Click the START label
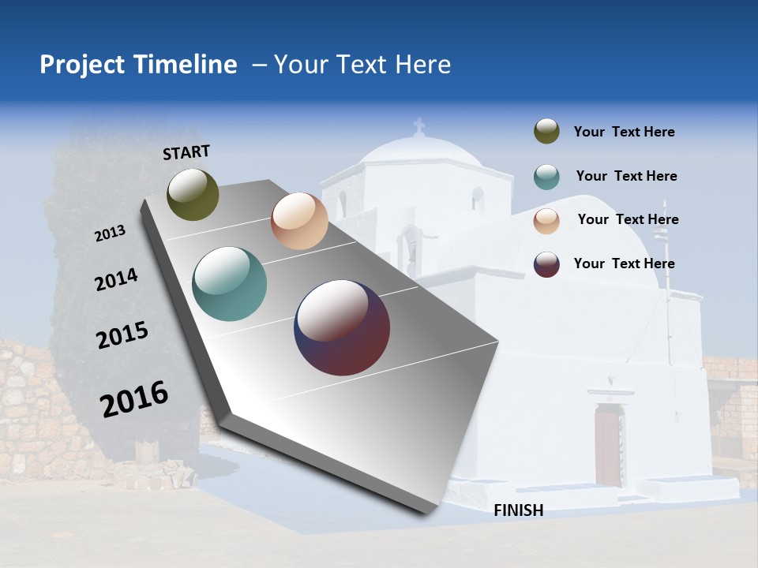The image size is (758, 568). [186, 152]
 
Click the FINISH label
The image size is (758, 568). [519, 510]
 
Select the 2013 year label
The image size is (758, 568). [110, 234]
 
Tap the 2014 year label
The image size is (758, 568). [116, 279]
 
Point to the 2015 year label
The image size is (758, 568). [122, 335]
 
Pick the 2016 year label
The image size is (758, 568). [134, 399]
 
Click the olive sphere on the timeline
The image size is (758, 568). [193, 194]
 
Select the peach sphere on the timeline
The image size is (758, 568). [299, 221]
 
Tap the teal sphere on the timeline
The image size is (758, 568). [230, 284]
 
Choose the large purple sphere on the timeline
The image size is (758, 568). [342, 327]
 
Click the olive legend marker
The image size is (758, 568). [546, 132]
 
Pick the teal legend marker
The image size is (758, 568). [546, 177]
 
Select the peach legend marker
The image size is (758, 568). [546, 221]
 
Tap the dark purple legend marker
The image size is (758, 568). [546, 264]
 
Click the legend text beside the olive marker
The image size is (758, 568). [624, 133]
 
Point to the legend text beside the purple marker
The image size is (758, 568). [624, 263]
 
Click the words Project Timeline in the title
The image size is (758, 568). [138, 65]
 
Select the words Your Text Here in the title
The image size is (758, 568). [362, 65]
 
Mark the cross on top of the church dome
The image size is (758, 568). [418, 125]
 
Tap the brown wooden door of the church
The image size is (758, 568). [607, 445]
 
